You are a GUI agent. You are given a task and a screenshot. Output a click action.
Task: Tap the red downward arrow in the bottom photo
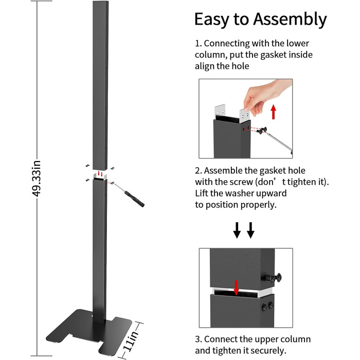237,287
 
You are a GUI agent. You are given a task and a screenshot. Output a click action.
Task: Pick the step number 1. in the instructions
198,43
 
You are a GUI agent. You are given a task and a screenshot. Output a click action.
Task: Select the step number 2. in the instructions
199,170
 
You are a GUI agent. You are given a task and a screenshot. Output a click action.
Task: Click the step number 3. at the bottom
199,339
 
